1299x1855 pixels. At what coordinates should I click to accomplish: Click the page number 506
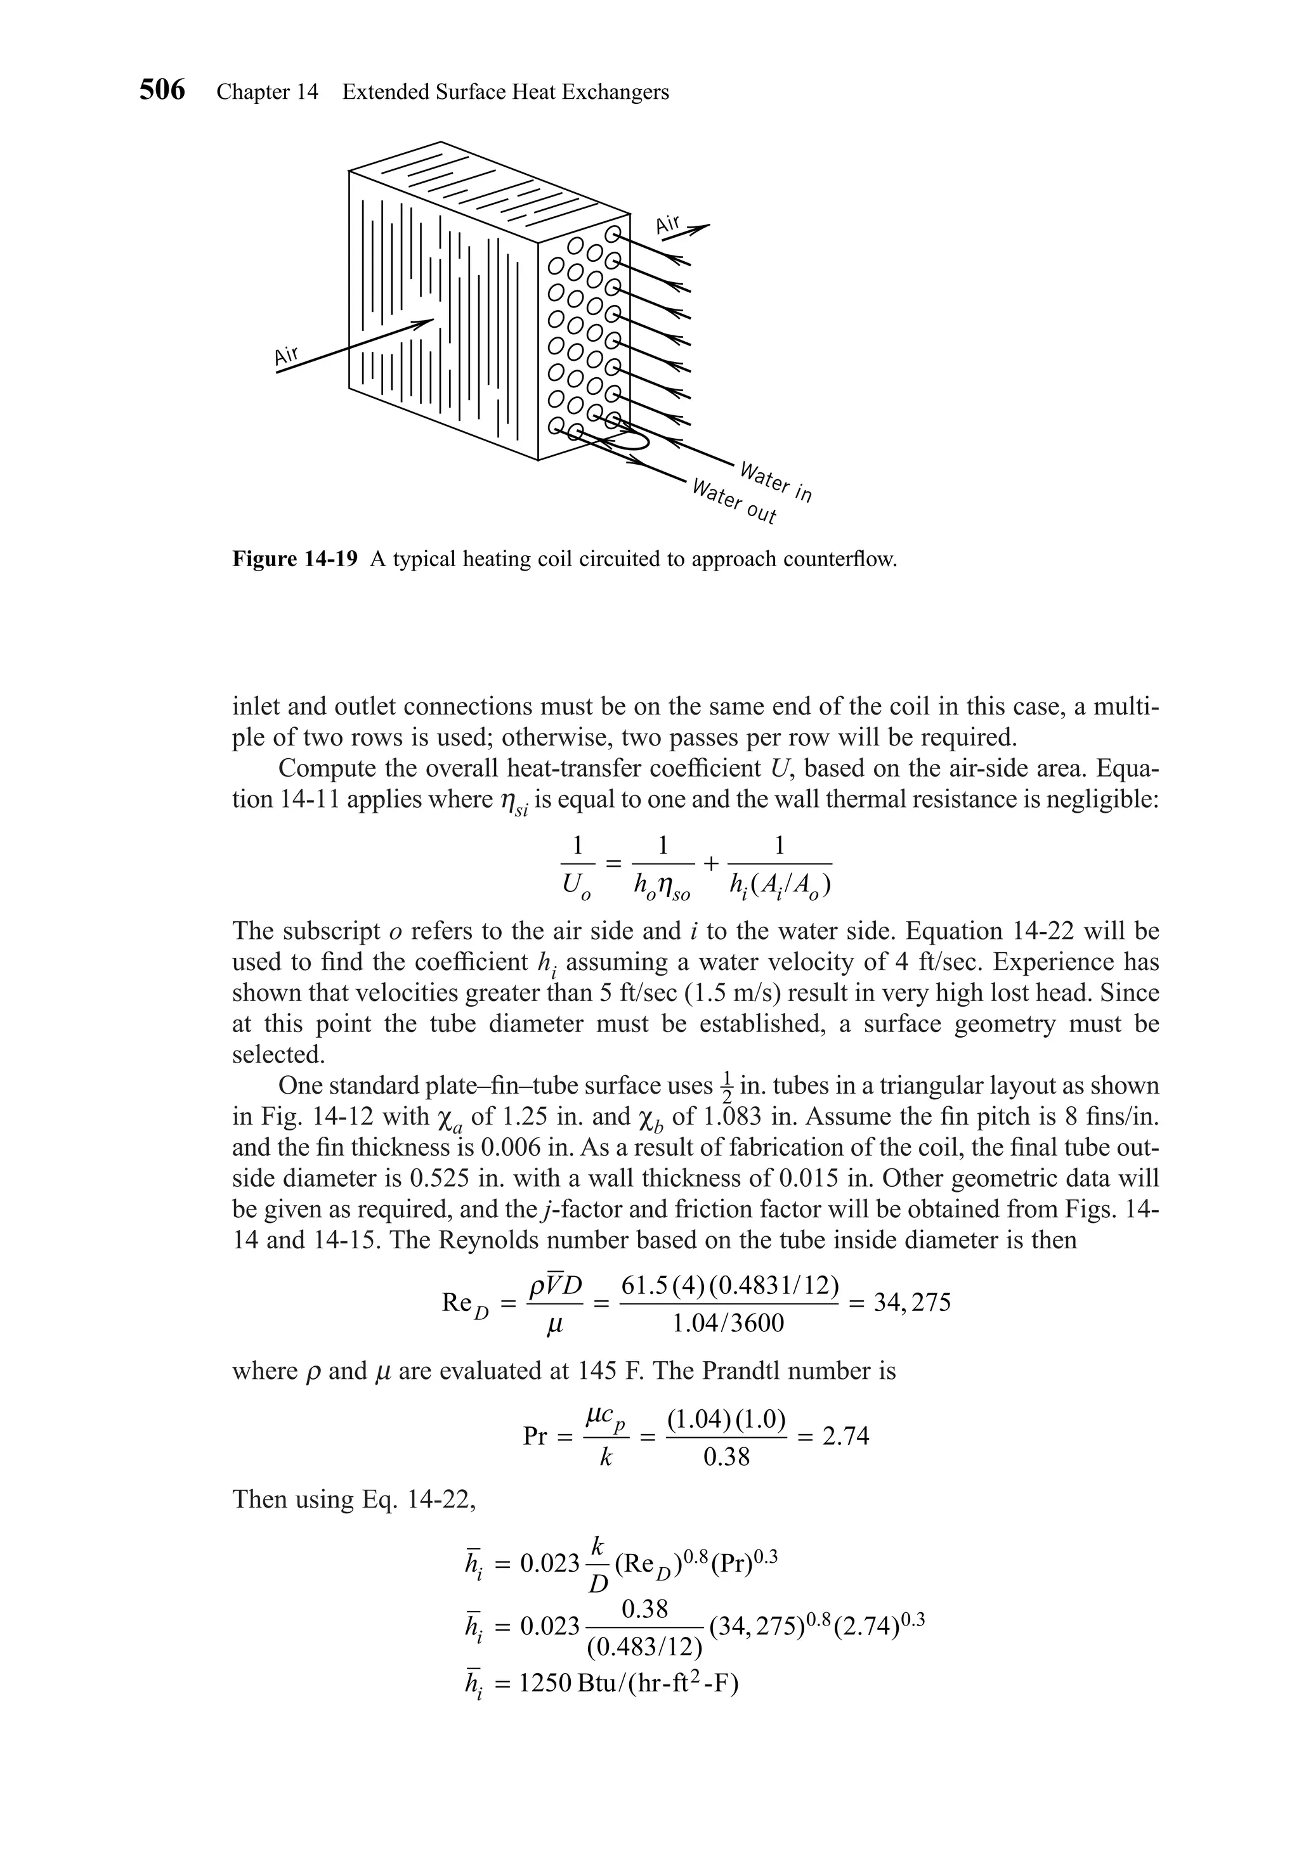(162, 91)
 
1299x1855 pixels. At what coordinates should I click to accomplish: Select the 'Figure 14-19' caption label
(295, 559)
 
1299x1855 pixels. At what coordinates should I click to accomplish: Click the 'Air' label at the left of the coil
(287, 356)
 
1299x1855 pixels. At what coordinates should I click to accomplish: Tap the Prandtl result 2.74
(845, 1436)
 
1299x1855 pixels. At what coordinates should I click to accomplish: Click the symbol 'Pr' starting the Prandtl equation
(536, 1437)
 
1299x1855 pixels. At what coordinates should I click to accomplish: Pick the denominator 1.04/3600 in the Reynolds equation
(728, 1323)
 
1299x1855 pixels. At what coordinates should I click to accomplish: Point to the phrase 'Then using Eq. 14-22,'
(354, 1499)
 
